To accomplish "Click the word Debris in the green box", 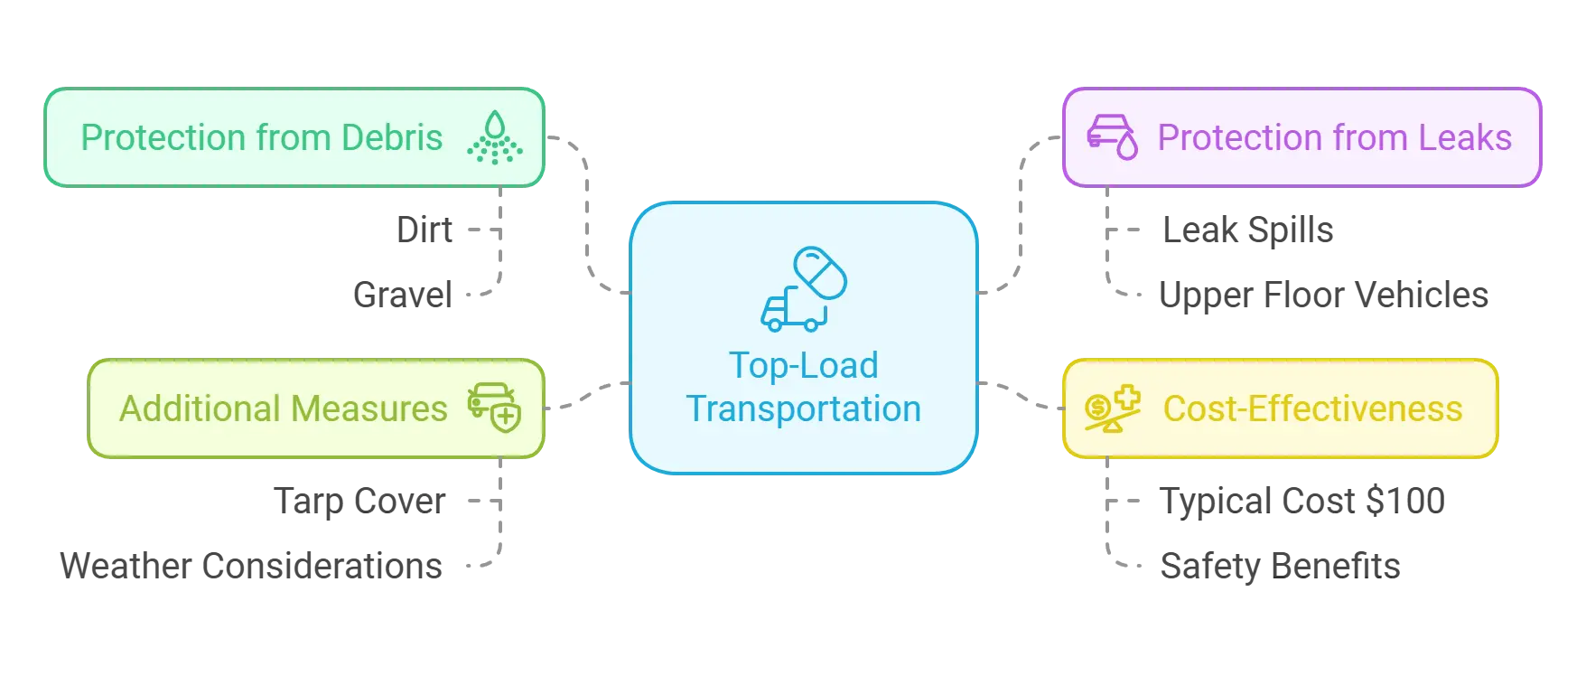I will pyautogui.click(x=393, y=138).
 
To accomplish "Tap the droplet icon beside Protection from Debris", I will pyautogui.click(x=494, y=138).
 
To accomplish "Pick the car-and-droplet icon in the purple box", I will pyautogui.click(x=1112, y=136).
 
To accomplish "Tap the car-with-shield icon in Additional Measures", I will pyautogui.click(x=494, y=408).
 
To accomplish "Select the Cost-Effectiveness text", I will pyautogui.click(x=1312, y=409).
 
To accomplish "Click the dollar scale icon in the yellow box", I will pyautogui.click(x=1112, y=408).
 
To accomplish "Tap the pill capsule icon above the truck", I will pyautogui.click(x=820, y=272).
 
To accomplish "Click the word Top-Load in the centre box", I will pyautogui.click(x=803, y=366).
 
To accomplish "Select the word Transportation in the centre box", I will pyautogui.click(x=803, y=409).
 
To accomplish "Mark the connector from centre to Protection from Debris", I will pyautogui.click(x=589, y=217).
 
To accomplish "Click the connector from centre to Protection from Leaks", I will pyautogui.click(x=1022, y=217).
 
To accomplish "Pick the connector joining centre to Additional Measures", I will pyautogui.click(x=587, y=395).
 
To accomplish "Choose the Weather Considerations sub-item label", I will pyautogui.click(x=253, y=565).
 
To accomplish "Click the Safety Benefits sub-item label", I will pyautogui.click(x=1279, y=565).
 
